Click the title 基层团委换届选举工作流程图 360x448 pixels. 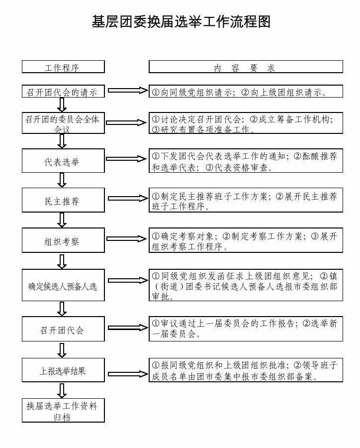pos(181,22)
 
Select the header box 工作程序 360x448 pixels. pos(63,67)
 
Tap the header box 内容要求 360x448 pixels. pos(246,67)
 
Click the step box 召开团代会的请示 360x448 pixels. pos(63,91)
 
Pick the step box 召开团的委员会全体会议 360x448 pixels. pos(63,123)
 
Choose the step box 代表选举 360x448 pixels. pos(63,160)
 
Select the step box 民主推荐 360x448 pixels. pos(63,200)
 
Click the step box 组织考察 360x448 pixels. pos(63,240)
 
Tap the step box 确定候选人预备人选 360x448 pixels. pos(63,285)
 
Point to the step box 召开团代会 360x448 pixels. pos(63,329)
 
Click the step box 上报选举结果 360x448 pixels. pos(63,370)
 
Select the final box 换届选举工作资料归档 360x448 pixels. pos(63,410)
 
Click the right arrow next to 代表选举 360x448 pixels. pos(126,159)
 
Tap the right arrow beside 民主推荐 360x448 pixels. pos(128,198)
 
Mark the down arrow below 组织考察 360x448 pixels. pos(62,261)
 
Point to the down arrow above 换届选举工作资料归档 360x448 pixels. pos(62,391)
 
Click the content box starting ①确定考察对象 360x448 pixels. pos(246,240)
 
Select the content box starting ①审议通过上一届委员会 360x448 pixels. pos(246,329)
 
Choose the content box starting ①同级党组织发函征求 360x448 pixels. pos(246,285)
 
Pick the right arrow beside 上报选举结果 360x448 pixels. pos(128,374)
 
